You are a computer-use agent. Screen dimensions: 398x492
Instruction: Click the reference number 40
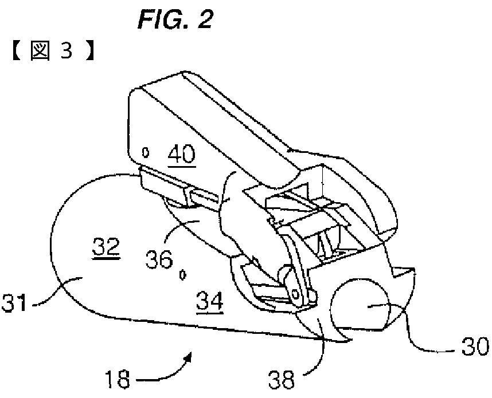(x=181, y=155)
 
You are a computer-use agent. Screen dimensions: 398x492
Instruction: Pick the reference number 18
(x=117, y=379)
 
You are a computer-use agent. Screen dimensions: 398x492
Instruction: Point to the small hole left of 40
(x=146, y=152)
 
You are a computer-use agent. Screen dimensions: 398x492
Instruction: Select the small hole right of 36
(x=183, y=275)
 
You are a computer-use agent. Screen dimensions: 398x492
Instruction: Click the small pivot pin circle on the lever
(x=296, y=293)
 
